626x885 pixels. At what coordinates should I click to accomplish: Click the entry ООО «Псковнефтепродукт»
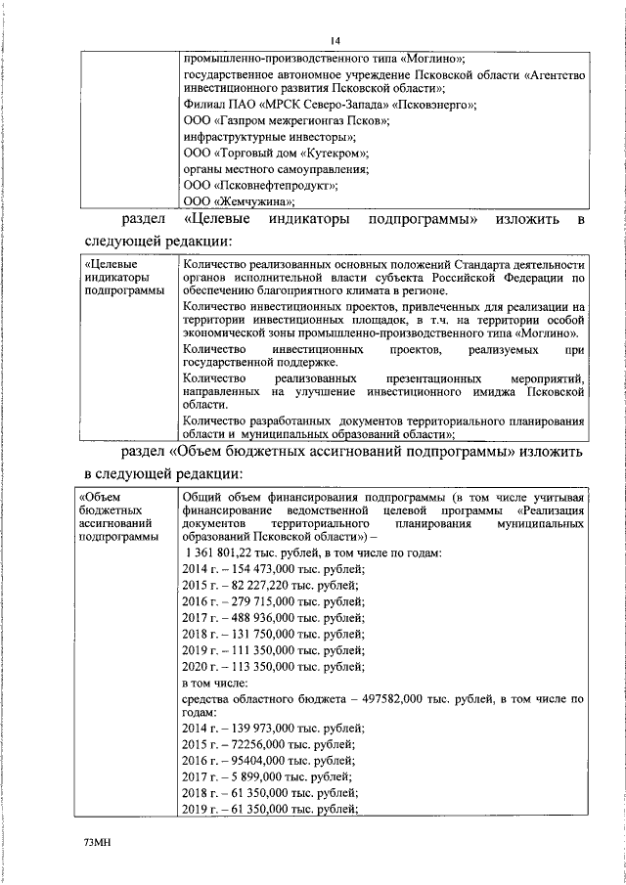[261, 185]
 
